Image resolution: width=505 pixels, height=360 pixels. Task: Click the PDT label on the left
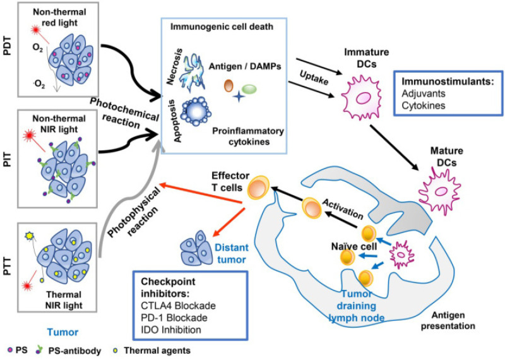(x=7, y=46)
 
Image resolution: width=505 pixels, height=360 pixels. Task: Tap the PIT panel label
(x=7, y=159)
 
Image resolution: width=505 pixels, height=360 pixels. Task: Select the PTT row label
(x=7, y=267)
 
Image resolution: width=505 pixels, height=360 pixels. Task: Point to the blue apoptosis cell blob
(x=196, y=112)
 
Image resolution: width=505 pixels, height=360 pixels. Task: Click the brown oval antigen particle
(x=229, y=85)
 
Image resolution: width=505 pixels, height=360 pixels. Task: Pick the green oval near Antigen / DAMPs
(x=249, y=89)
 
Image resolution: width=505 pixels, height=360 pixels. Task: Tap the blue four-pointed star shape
(x=239, y=96)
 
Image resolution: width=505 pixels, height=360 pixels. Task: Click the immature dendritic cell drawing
(x=361, y=97)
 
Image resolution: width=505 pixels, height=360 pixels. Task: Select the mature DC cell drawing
(x=439, y=191)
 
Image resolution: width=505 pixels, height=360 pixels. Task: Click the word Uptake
(x=314, y=78)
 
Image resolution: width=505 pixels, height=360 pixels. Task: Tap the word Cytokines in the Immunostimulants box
(x=423, y=105)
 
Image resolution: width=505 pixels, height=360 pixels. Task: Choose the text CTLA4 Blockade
(x=178, y=306)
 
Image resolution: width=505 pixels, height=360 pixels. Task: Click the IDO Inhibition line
(x=170, y=330)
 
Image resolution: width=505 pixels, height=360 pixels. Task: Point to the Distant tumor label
(x=232, y=254)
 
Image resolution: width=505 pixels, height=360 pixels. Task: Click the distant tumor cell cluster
(x=196, y=248)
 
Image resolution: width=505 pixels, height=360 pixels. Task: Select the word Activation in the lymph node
(x=343, y=209)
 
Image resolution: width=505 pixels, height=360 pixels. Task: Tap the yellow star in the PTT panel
(x=29, y=236)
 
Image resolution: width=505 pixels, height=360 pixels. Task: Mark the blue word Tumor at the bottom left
(x=62, y=332)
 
